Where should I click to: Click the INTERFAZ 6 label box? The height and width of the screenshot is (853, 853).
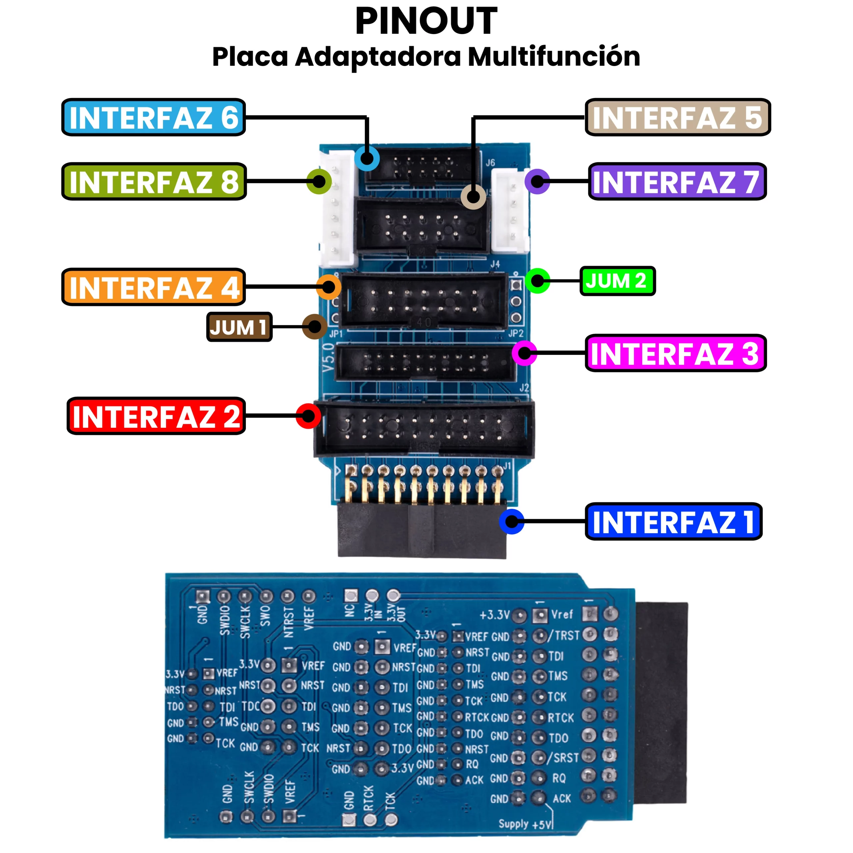pos(153,117)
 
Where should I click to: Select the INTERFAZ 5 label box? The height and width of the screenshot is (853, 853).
pos(677,117)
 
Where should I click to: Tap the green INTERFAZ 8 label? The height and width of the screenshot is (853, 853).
pos(154,182)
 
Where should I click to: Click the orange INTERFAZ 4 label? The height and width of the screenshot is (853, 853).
pos(153,287)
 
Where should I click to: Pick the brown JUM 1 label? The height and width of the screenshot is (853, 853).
pos(239,327)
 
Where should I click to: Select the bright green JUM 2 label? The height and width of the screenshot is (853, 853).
pos(617,281)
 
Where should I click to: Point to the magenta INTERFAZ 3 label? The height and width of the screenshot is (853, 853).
pos(675,353)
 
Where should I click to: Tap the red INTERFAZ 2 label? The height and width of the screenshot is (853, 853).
pos(156,416)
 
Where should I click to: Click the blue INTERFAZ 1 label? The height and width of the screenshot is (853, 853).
pos(673,521)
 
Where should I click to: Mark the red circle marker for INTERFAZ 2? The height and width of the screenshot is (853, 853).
pos(308,416)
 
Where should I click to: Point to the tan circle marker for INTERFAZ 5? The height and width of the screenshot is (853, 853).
pos(473,197)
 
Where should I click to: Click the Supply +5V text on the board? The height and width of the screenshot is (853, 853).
pos(525,824)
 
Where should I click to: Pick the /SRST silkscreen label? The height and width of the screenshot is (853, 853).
pos(563,758)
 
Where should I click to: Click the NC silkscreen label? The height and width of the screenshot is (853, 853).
pos(349,611)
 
